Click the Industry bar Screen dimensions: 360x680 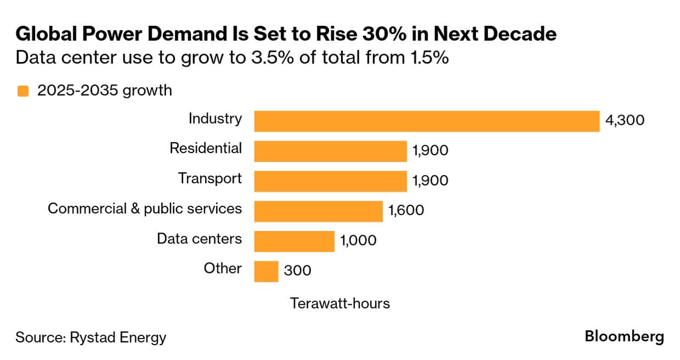point(426,121)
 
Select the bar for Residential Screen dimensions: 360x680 point(330,151)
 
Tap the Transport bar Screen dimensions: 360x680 point(330,181)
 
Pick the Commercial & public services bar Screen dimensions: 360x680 point(318,211)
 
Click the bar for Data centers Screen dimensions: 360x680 point(294,241)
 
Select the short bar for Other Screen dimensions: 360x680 point(266,271)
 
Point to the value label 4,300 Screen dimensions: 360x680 point(624,120)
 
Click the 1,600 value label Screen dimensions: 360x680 point(406,210)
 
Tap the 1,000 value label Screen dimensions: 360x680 point(358,241)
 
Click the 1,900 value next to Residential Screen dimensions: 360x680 point(430,150)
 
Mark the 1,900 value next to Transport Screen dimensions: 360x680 point(430,181)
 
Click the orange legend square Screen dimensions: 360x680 point(23,91)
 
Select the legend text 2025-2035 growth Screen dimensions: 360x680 point(105,90)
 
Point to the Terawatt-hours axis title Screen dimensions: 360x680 point(340,303)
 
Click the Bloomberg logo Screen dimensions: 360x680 point(624,336)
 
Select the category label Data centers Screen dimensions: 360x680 point(199,239)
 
